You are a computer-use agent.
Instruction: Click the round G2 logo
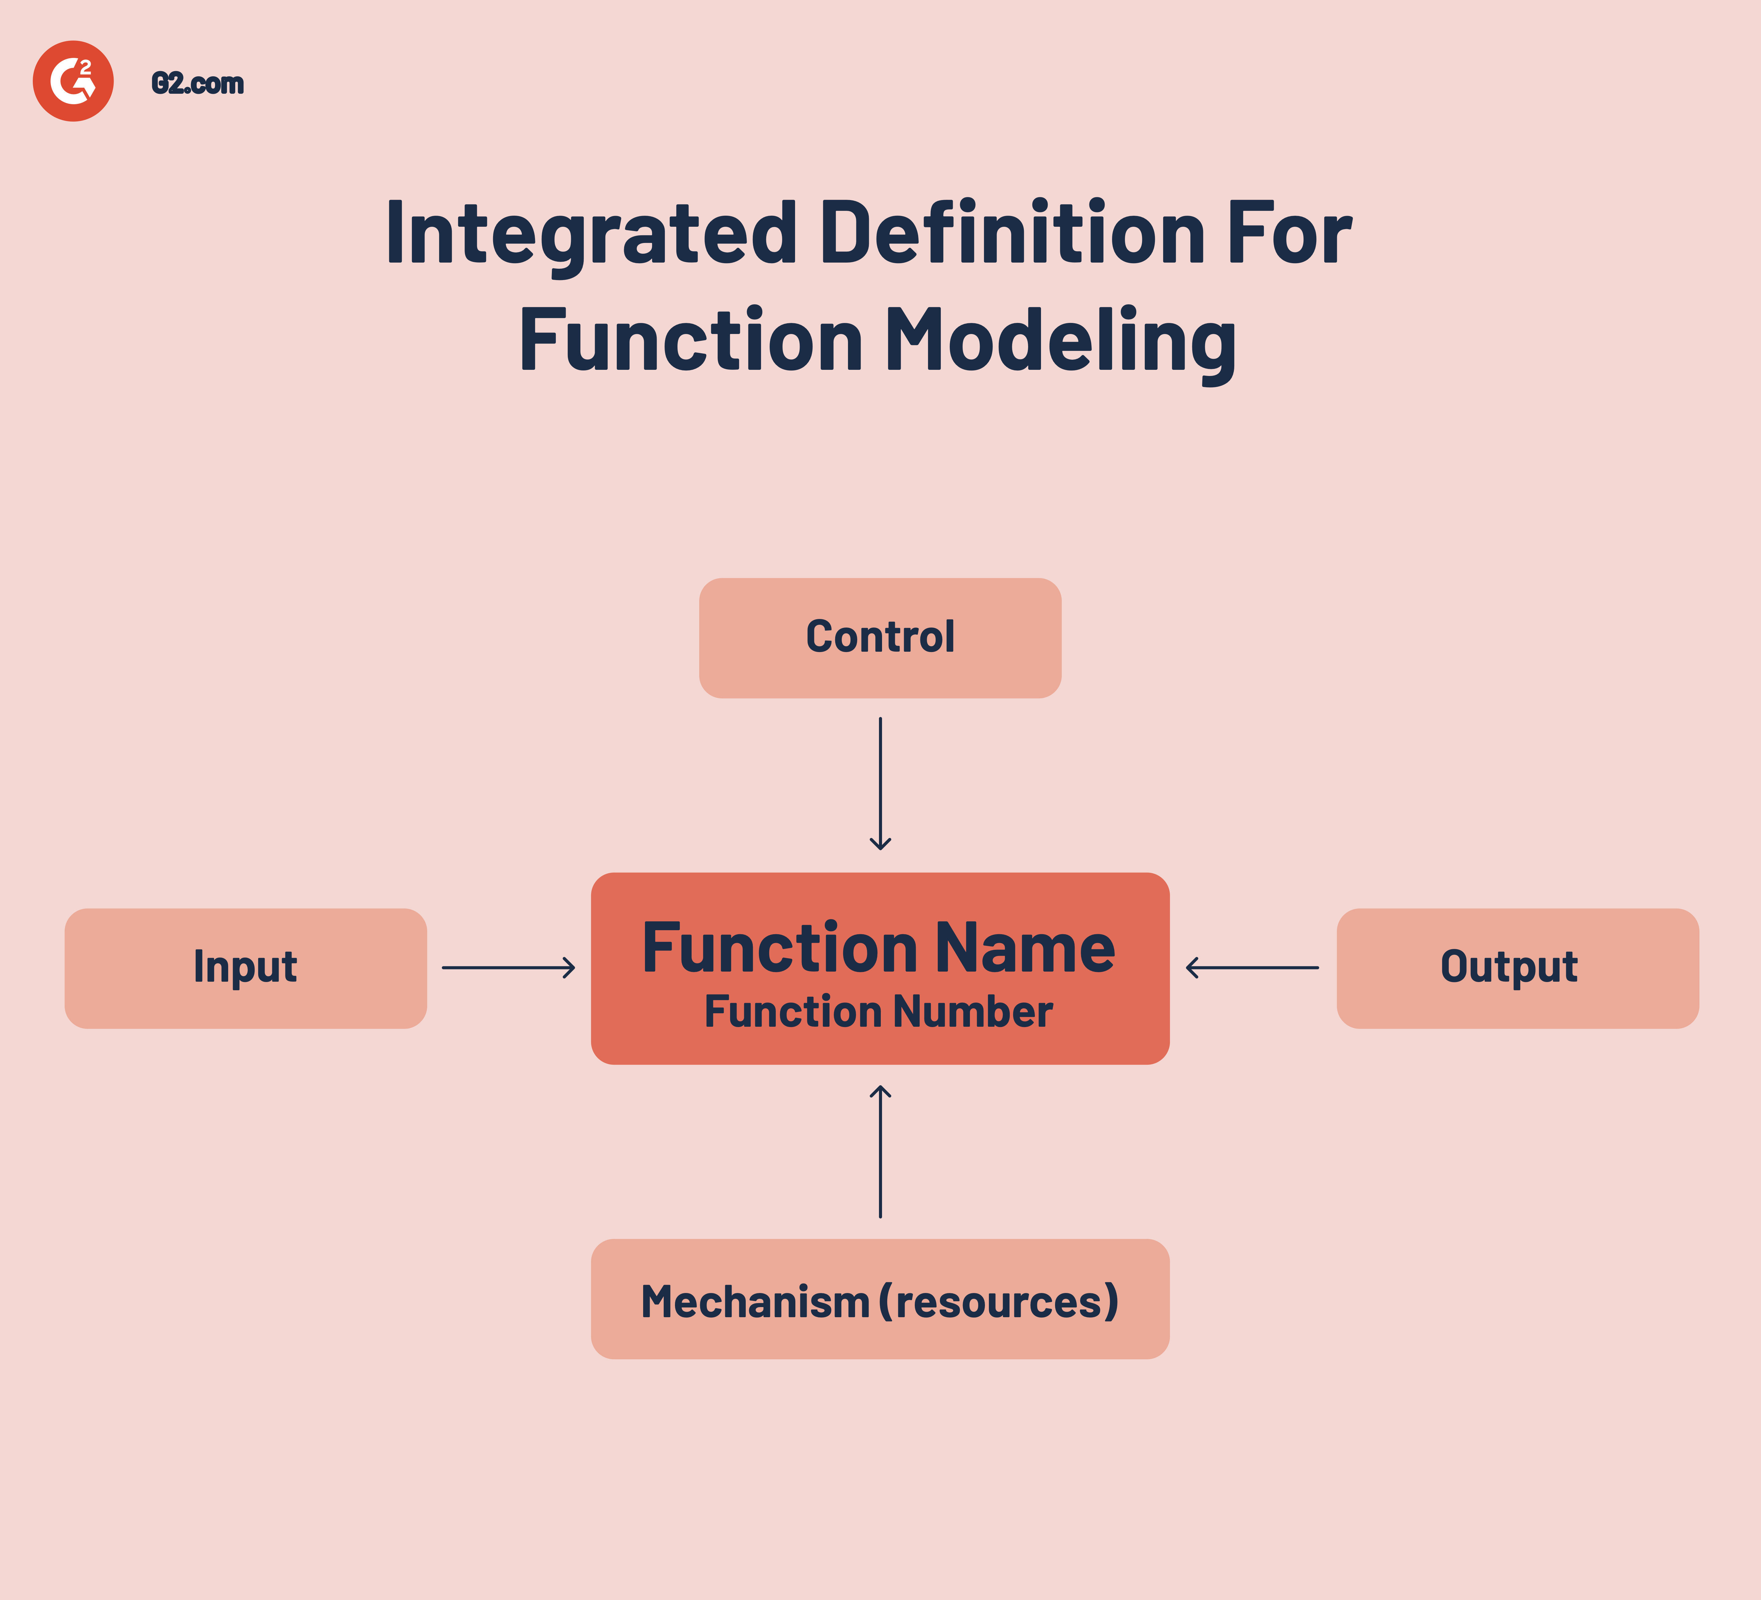pos(74,81)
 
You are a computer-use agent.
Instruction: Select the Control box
pos(880,637)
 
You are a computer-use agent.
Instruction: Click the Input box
pos(245,967)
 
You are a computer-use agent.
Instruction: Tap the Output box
pos(1517,967)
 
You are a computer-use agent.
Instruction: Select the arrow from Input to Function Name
pos(508,967)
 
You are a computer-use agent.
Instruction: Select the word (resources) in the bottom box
pos(998,1301)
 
